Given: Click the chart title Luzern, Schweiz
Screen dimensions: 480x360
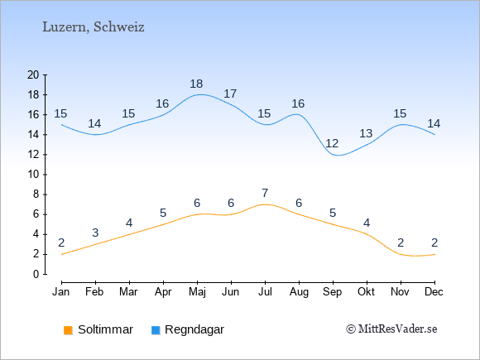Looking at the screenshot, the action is tap(94, 27).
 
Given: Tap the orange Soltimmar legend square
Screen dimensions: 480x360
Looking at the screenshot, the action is tap(68, 330).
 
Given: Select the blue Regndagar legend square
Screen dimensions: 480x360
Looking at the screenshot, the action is tap(156, 330).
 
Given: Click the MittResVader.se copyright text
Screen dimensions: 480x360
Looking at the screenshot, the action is tap(391, 329).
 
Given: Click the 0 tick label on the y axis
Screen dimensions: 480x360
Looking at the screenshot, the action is tap(36, 274).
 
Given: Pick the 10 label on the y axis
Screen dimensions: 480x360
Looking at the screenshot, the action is tap(33, 175).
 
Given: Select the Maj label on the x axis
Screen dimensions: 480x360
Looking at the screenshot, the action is tap(197, 292).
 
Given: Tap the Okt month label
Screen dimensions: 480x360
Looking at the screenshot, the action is tap(366, 292).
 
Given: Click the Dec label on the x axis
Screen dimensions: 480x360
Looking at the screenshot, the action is tap(434, 292).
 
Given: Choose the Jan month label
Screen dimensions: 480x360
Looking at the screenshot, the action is tap(61, 292).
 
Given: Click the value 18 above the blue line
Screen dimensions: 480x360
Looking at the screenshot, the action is tap(196, 84).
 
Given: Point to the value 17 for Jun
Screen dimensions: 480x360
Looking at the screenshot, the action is tap(230, 94).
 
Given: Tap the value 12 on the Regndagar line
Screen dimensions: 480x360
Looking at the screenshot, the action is tap(332, 143).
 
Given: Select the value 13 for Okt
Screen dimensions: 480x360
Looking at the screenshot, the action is tap(366, 133).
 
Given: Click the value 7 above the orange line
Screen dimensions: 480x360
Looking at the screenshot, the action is tap(265, 193).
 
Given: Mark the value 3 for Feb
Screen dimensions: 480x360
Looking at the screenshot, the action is tap(95, 233).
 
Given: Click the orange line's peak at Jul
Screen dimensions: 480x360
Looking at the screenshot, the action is tap(265, 204).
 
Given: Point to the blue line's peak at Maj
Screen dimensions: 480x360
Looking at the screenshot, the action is tap(199, 94).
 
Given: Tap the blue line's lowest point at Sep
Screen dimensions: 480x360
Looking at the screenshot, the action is tap(338, 156).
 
